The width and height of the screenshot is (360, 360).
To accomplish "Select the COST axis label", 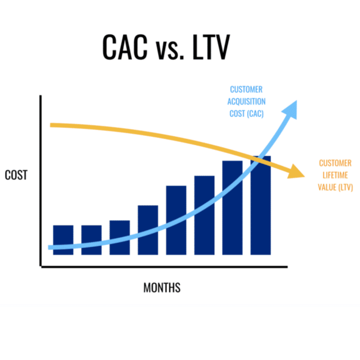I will (x=16, y=175).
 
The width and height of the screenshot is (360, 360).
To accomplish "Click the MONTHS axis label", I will (x=162, y=287).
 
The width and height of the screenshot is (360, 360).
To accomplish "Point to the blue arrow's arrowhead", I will (x=291, y=108).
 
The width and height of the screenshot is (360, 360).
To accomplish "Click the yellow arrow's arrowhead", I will (x=296, y=172).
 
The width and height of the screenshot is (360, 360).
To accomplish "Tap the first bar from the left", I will (x=63, y=240).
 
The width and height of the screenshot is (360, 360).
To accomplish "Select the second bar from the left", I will (x=91, y=240).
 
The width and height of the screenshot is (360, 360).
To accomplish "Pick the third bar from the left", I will (x=120, y=237).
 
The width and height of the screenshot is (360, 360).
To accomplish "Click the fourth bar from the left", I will (x=148, y=230).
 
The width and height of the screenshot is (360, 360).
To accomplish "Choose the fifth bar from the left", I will (x=176, y=220).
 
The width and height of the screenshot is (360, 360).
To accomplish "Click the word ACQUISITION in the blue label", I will (x=246, y=101).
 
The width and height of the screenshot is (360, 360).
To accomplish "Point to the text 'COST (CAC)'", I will (x=246, y=113).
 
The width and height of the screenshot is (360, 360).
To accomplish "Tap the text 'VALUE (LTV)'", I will (x=335, y=187).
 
